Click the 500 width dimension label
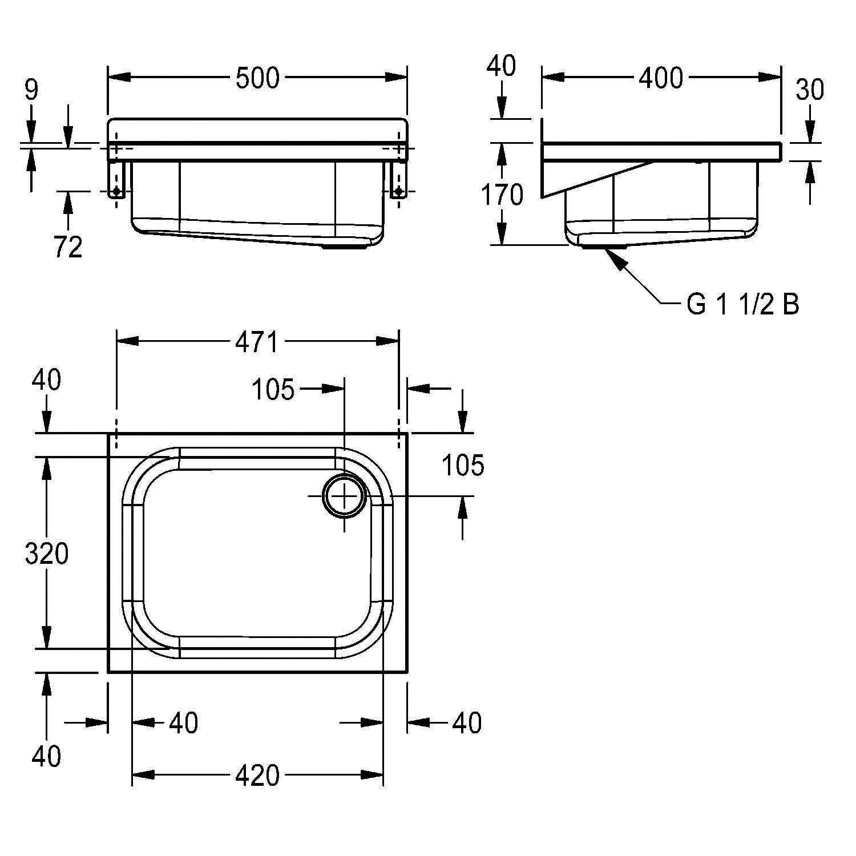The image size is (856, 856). pyautogui.click(x=257, y=78)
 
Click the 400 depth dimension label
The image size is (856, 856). pyautogui.click(x=660, y=78)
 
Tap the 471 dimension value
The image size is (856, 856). pyautogui.click(x=257, y=342)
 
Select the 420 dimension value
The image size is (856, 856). pyautogui.click(x=257, y=776)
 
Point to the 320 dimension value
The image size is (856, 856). pyautogui.click(x=47, y=554)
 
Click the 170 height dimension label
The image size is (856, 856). pyautogui.click(x=502, y=196)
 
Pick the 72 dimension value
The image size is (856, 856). pyautogui.click(x=68, y=247)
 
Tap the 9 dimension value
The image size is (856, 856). pyautogui.click(x=31, y=91)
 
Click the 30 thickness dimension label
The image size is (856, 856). pyautogui.click(x=810, y=90)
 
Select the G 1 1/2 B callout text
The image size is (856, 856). pyautogui.click(x=742, y=305)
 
